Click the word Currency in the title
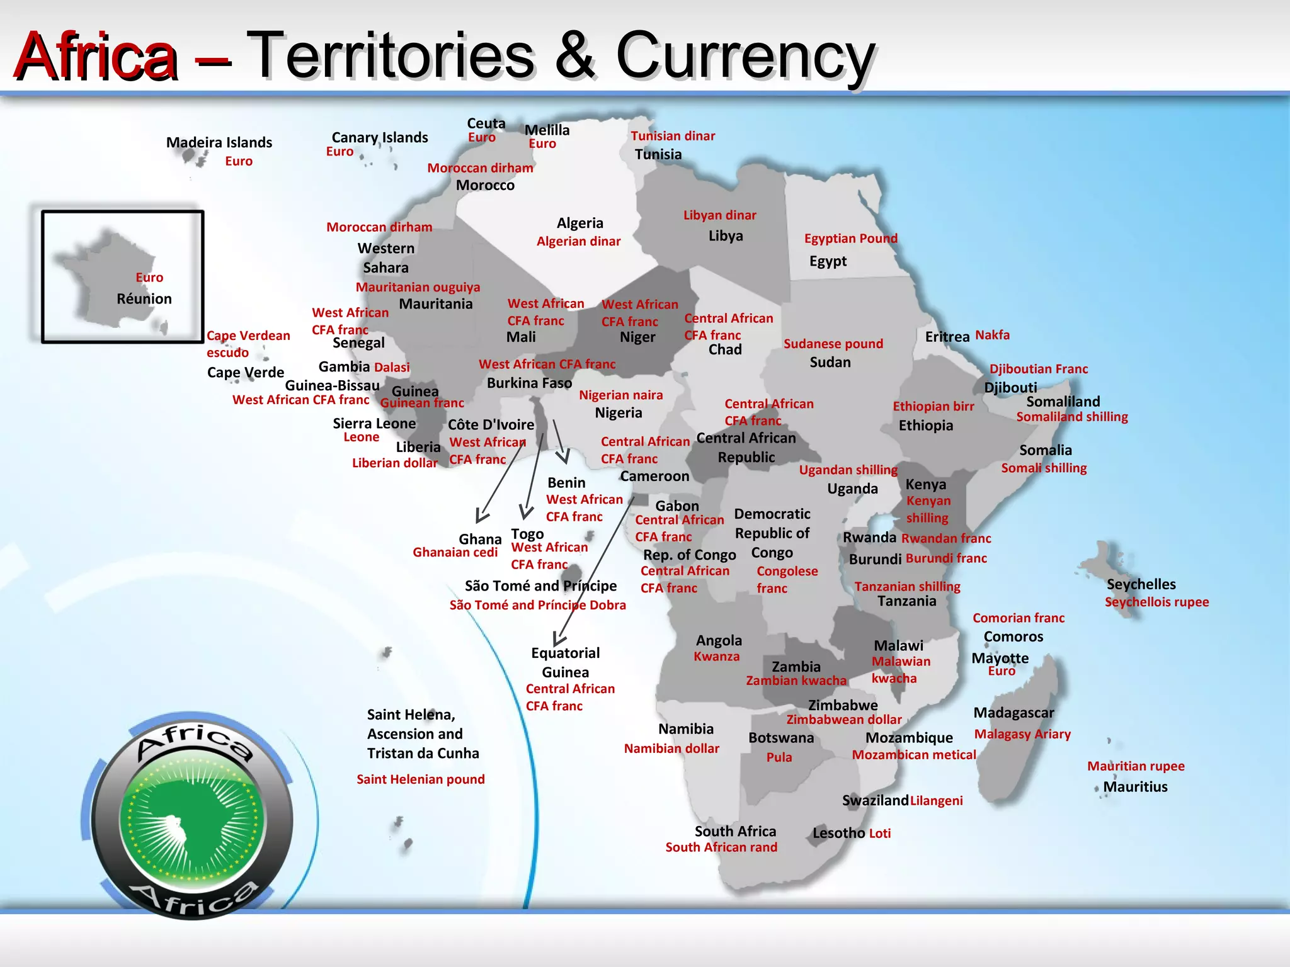pyautogui.click(x=745, y=57)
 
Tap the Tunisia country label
pyautogui.click(x=658, y=154)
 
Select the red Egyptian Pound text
pyautogui.click(x=850, y=238)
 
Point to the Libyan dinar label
pyautogui.click(x=719, y=215)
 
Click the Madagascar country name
pyautogui.click(x=1013, y=713)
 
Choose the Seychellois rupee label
pyautogui.click(x=1156, y=602)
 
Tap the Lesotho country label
pyautogui.click(x=838, y=833)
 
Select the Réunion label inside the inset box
pyautogui.click(x=144, y=298)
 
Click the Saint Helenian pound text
pyautogui.click(x=420, y=779)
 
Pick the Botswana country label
pyautogui.click(x=781, y=737)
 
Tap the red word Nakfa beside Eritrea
pyautogui.click(x=992, y=335)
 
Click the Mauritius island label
pyautogui.click(x=1135, y=786)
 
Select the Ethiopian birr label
pyautogui.click(x=933, y=406)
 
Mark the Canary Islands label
pyautogui.click(x=380, y=137)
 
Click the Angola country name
pyautogui.click(x=719, y=640)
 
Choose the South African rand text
pyautogui.click(x=721, y=847)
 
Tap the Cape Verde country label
pyautogui.click(x=246, y=372)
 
